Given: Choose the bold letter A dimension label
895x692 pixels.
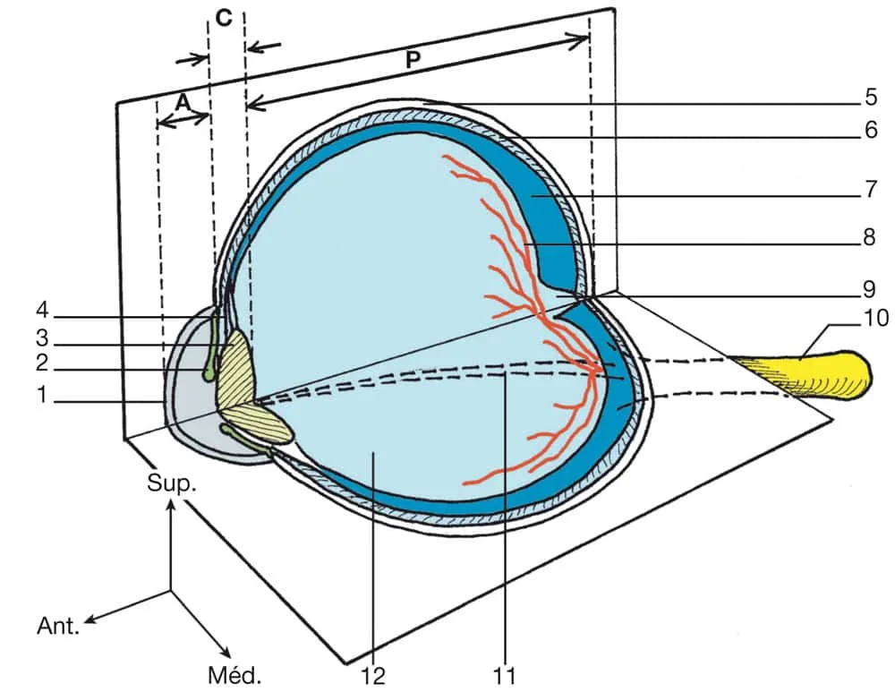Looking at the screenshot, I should [182, 103].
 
